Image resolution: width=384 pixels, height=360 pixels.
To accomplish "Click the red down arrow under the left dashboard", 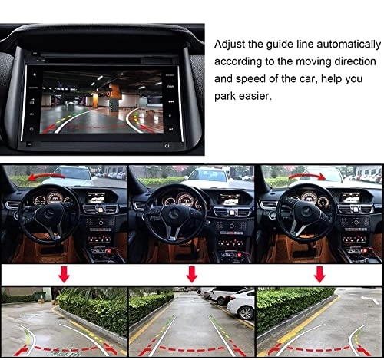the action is point(64,274).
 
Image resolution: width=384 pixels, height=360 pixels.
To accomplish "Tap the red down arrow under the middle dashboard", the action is point(192,274).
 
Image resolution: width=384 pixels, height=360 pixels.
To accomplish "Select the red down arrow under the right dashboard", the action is point(319,274).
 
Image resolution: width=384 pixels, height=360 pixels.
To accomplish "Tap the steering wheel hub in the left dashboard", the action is point(49,213).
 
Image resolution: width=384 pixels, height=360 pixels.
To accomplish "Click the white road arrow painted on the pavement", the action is point(369,299).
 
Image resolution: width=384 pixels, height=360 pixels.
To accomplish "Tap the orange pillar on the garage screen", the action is point(95,100).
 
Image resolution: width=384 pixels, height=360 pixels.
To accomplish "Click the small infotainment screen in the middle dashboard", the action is point(229,200).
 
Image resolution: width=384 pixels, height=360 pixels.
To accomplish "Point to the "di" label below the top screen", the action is point(167,146).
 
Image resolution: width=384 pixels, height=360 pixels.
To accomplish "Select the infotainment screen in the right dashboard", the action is point(350,197).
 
